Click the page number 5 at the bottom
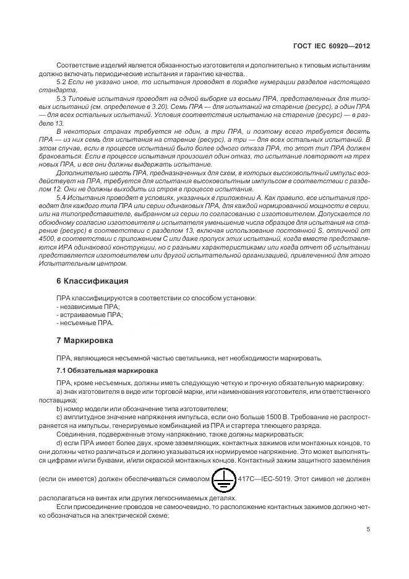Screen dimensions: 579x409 [368, 529]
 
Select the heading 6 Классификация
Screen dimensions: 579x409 [93, 281]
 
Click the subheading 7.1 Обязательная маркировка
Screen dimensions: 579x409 [106, 370]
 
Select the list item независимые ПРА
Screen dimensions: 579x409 [88, 307]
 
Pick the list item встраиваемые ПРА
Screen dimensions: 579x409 [89, 315]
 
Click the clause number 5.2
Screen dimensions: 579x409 [61, 82]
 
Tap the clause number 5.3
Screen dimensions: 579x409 [61, 99]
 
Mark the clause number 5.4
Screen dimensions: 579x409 [61, 196]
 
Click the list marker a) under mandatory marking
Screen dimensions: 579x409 [59, 392]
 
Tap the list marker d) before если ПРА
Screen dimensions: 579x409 [59, 443]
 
